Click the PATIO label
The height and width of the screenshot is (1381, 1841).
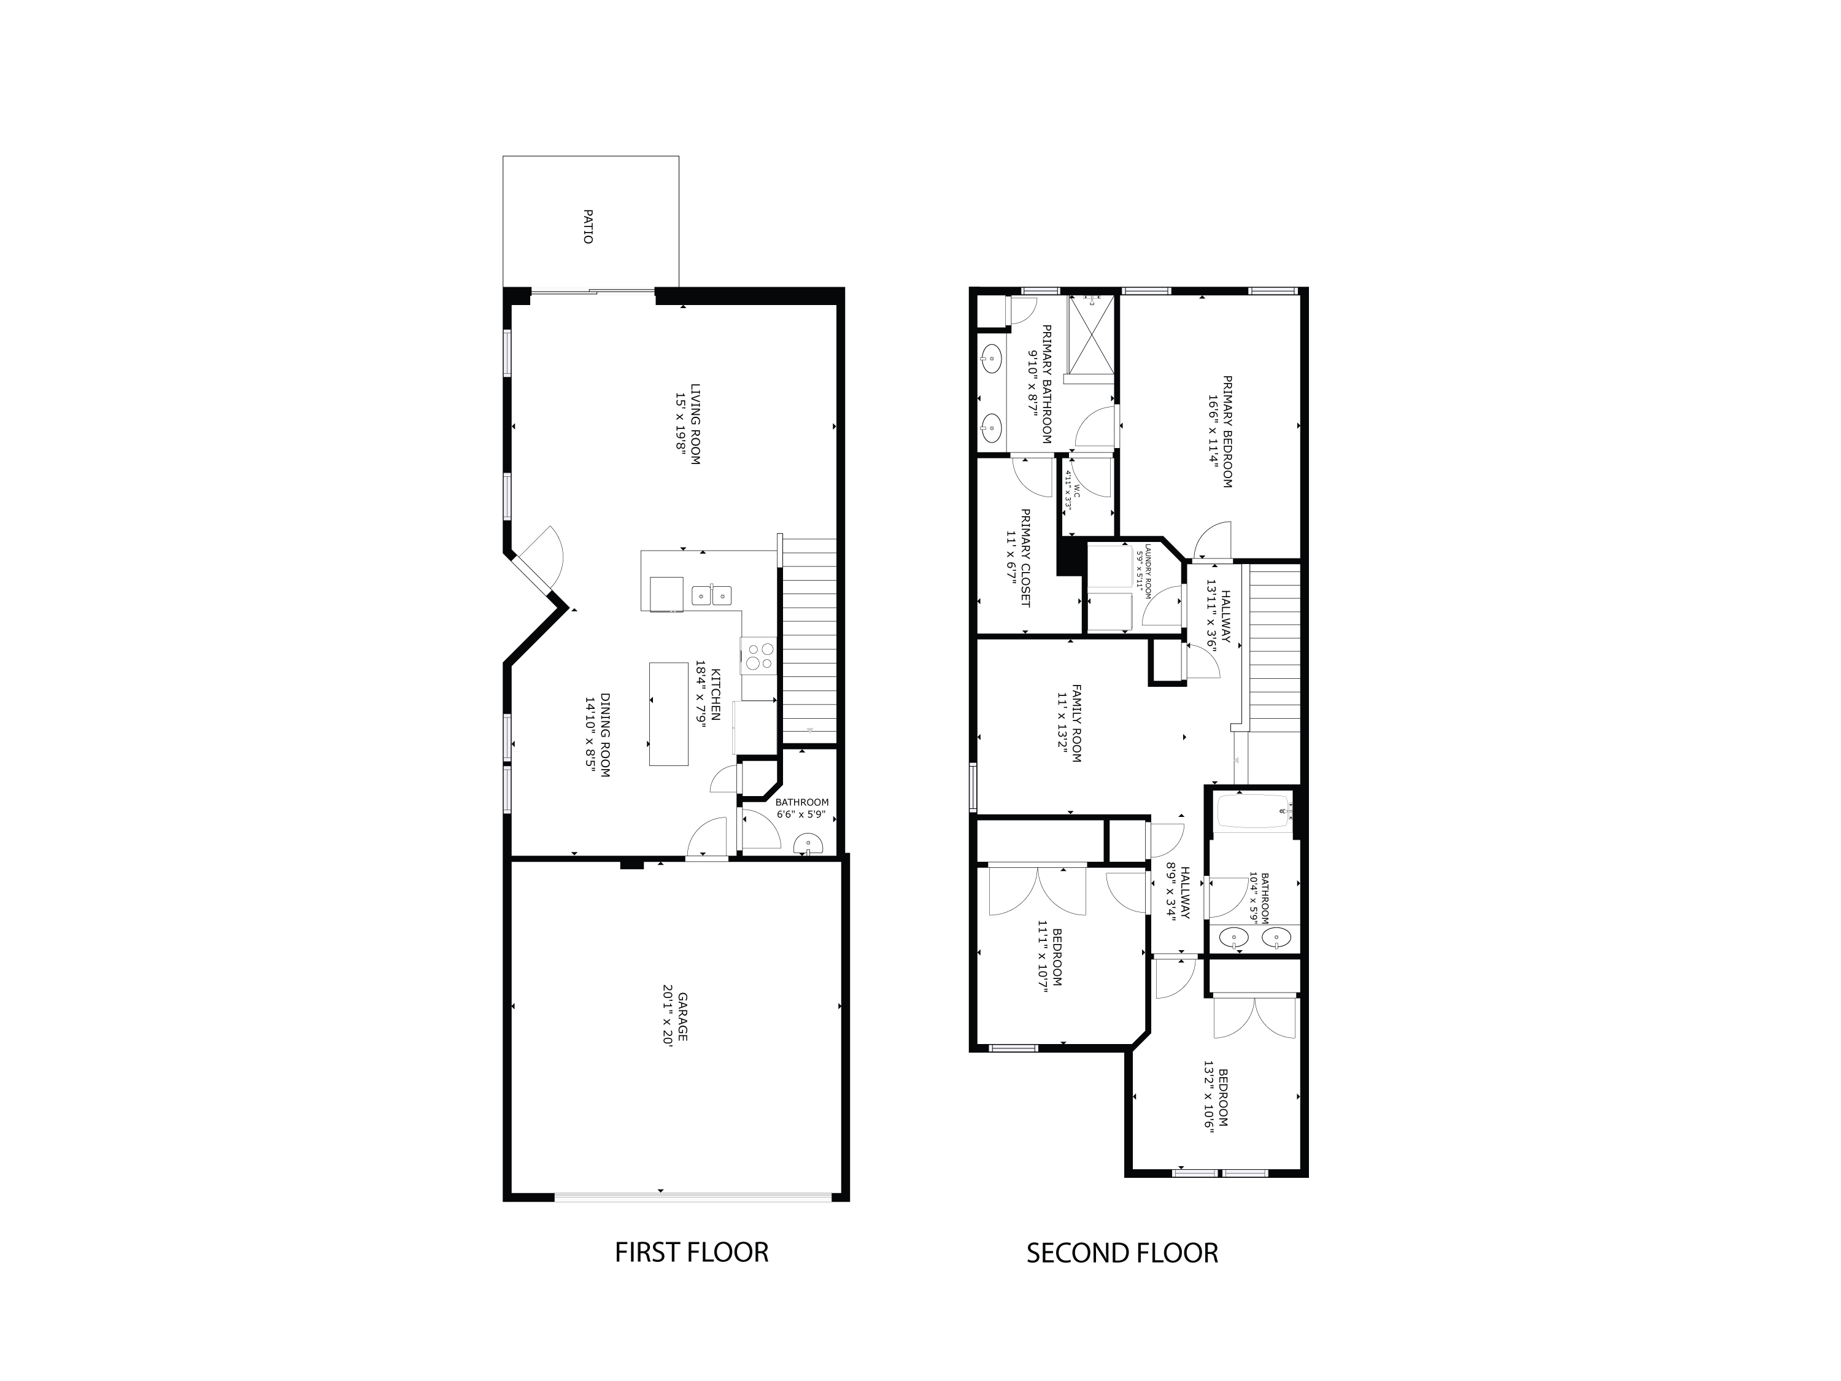pos(588,226)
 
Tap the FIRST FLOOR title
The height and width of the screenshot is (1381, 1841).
pos(691,1252)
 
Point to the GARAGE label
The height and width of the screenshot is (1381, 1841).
pos(682,1016)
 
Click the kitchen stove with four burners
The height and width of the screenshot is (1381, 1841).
pos(758,655)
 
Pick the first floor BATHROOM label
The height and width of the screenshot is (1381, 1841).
pos(801,802)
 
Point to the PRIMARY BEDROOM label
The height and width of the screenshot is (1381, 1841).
pos(1227,431)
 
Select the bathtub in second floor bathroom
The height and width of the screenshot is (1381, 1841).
pos(1252,811)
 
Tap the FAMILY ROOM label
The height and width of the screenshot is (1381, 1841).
pos(1076,722)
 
